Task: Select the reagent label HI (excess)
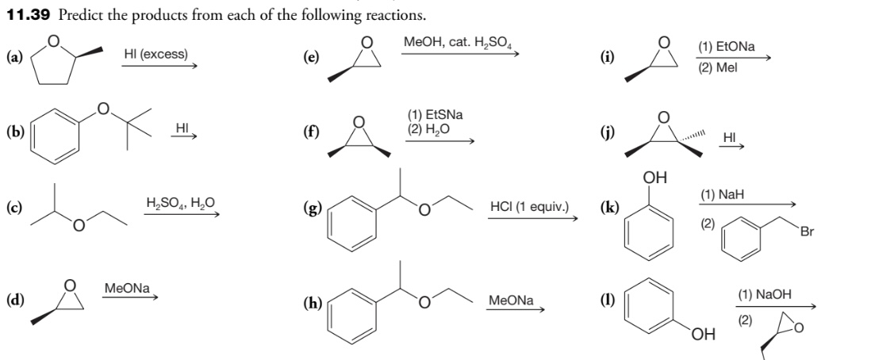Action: tap(156, 54)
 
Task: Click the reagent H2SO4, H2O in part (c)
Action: tap(179, 202)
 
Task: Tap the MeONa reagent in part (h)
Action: tap(511, 301)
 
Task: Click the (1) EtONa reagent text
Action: tap(726, 48)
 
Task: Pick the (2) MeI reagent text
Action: tap(718, 67)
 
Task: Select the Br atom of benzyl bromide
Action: tap(808, 232)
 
